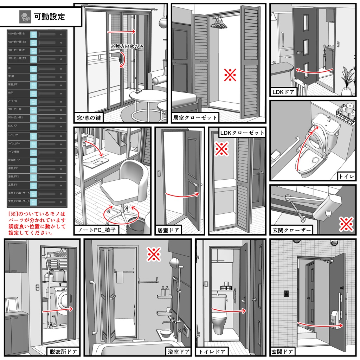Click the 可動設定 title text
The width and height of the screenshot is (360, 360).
pos(49,16)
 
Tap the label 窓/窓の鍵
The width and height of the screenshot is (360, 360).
pos(89,117)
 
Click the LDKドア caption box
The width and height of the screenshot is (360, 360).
pos(283,92)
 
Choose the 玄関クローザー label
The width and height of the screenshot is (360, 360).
pos(292,231)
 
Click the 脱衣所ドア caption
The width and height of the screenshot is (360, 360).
pos(63,351)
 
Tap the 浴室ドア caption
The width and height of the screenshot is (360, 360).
pos(178,351)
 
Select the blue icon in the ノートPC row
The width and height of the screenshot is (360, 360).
pos(33,101)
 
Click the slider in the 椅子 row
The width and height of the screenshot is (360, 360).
pos(47,93)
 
